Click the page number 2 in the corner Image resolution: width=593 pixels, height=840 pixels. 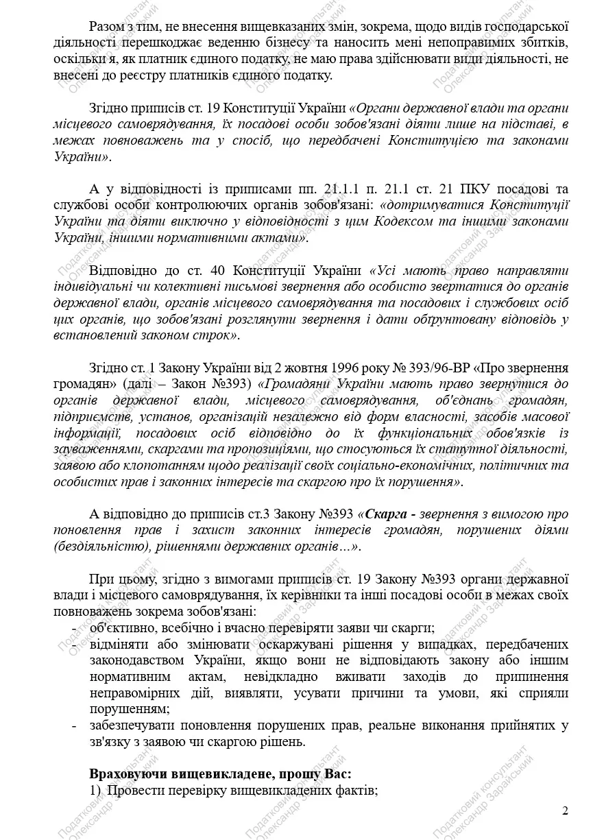(x=565, y=811)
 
